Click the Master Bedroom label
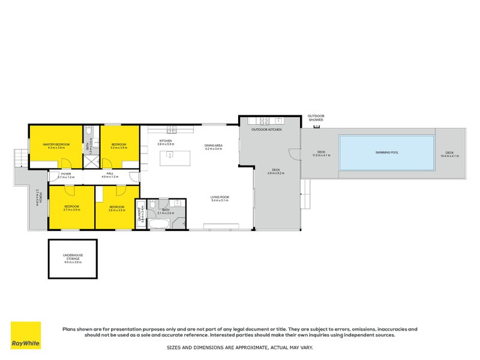click(x=56, y=145)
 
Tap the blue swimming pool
click(x=386, y=152)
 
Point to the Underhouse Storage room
click(x=73, y=259)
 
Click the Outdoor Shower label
click(x=315, y=118)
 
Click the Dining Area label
click(x=213, y=145)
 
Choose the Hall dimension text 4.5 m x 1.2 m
click(x=110, y=178)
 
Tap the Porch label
click(x=37, y=198)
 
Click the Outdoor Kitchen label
click(x=266, y=130)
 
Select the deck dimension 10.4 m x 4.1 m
click(x=449, y=155)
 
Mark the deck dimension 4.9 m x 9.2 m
click(x=276, y=173)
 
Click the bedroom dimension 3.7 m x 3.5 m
click(x=71, y=210)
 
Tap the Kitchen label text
click(x=165, y=141)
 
